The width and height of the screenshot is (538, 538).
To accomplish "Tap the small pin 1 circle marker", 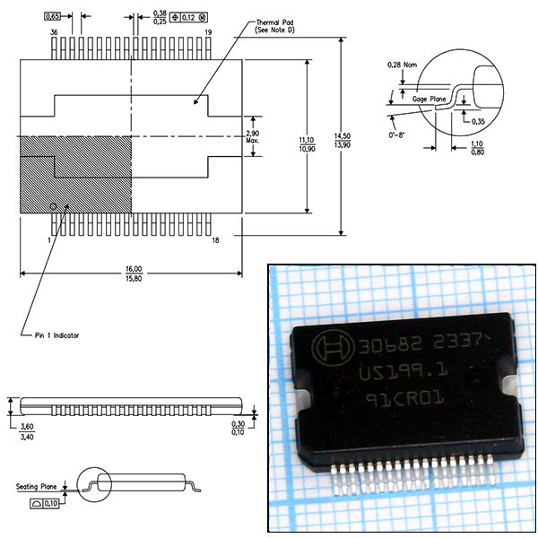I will point(53,205).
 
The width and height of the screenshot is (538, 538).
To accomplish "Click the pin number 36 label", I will point(54,32).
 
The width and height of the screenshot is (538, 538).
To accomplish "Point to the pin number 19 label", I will point(208,32).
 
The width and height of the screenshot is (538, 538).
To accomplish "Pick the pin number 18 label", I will point(215,240).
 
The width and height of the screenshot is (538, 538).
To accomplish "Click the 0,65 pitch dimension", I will point(53,16).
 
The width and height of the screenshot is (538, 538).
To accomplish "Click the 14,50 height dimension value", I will point(342,135).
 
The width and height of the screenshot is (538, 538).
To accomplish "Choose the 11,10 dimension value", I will point(306,141).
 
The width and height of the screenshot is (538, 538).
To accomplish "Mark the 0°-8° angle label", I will point(396,135).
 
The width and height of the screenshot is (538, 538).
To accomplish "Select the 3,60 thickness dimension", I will point(26,404).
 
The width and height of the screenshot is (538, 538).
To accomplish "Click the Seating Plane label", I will point(36,487).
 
